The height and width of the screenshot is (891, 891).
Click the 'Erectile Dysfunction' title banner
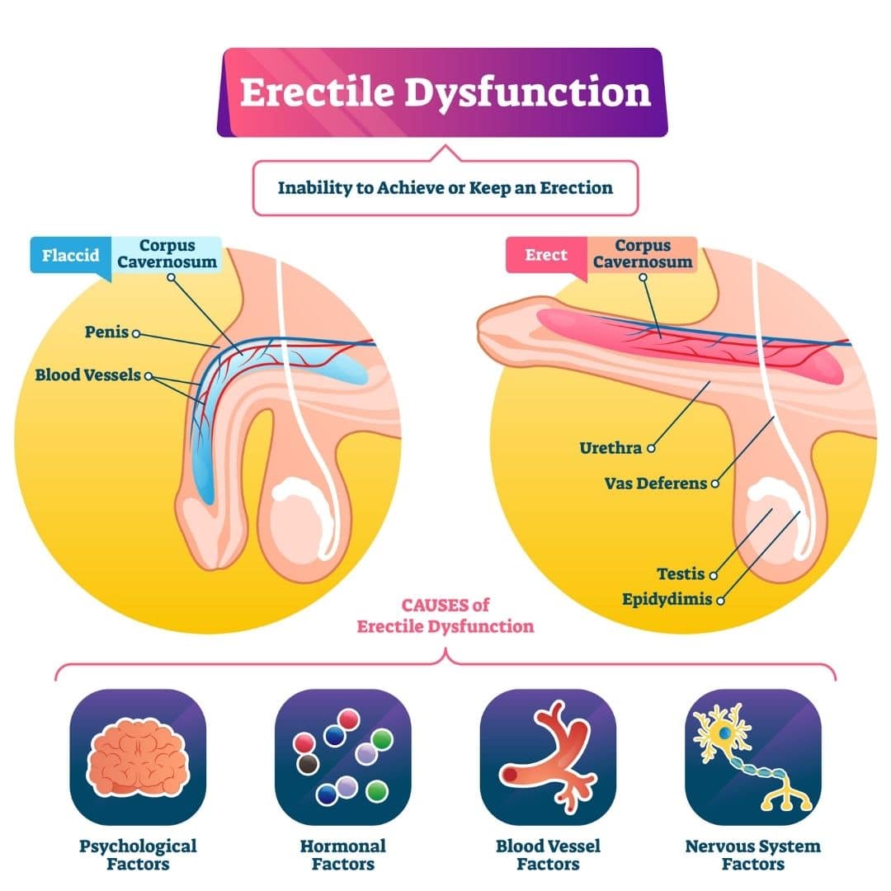tap(445, 92)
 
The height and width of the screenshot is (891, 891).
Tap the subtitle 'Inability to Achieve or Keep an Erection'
tap(445, 187)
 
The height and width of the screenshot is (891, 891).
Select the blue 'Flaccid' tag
tap(70, 255)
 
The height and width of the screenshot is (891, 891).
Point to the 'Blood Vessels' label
tap(88, 375)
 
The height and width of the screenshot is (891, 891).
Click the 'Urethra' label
tap(611, 448)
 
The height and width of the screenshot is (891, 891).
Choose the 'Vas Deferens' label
tap(656, 483)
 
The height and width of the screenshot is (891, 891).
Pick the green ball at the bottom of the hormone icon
tap(377, 790)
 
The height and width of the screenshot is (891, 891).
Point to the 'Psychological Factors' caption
tap(138, 855)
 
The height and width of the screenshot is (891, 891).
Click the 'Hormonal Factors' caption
tap(342, 855)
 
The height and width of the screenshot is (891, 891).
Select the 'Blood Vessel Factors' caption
tap(548, 855)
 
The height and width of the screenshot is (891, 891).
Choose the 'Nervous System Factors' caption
tap(752, 855)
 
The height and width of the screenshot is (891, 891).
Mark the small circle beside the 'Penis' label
tap(135, 334)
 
